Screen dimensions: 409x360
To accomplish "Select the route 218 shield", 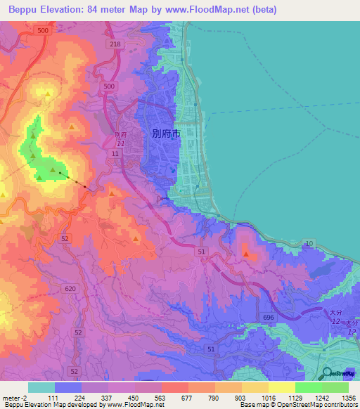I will (x=116, y=44).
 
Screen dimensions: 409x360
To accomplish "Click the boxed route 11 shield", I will (x=114, y=152).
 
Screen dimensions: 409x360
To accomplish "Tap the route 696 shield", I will (x=268, y=318).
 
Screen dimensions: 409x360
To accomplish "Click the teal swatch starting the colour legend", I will (x=41, y=387).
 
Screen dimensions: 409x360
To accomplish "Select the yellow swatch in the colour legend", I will (x=281, y=387).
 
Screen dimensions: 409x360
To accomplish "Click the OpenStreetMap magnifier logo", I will (x=328, y=374).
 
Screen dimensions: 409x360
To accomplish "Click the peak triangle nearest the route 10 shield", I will (x=245, y=253).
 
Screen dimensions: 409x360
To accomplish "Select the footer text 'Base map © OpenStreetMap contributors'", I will (x=297, y=405).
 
